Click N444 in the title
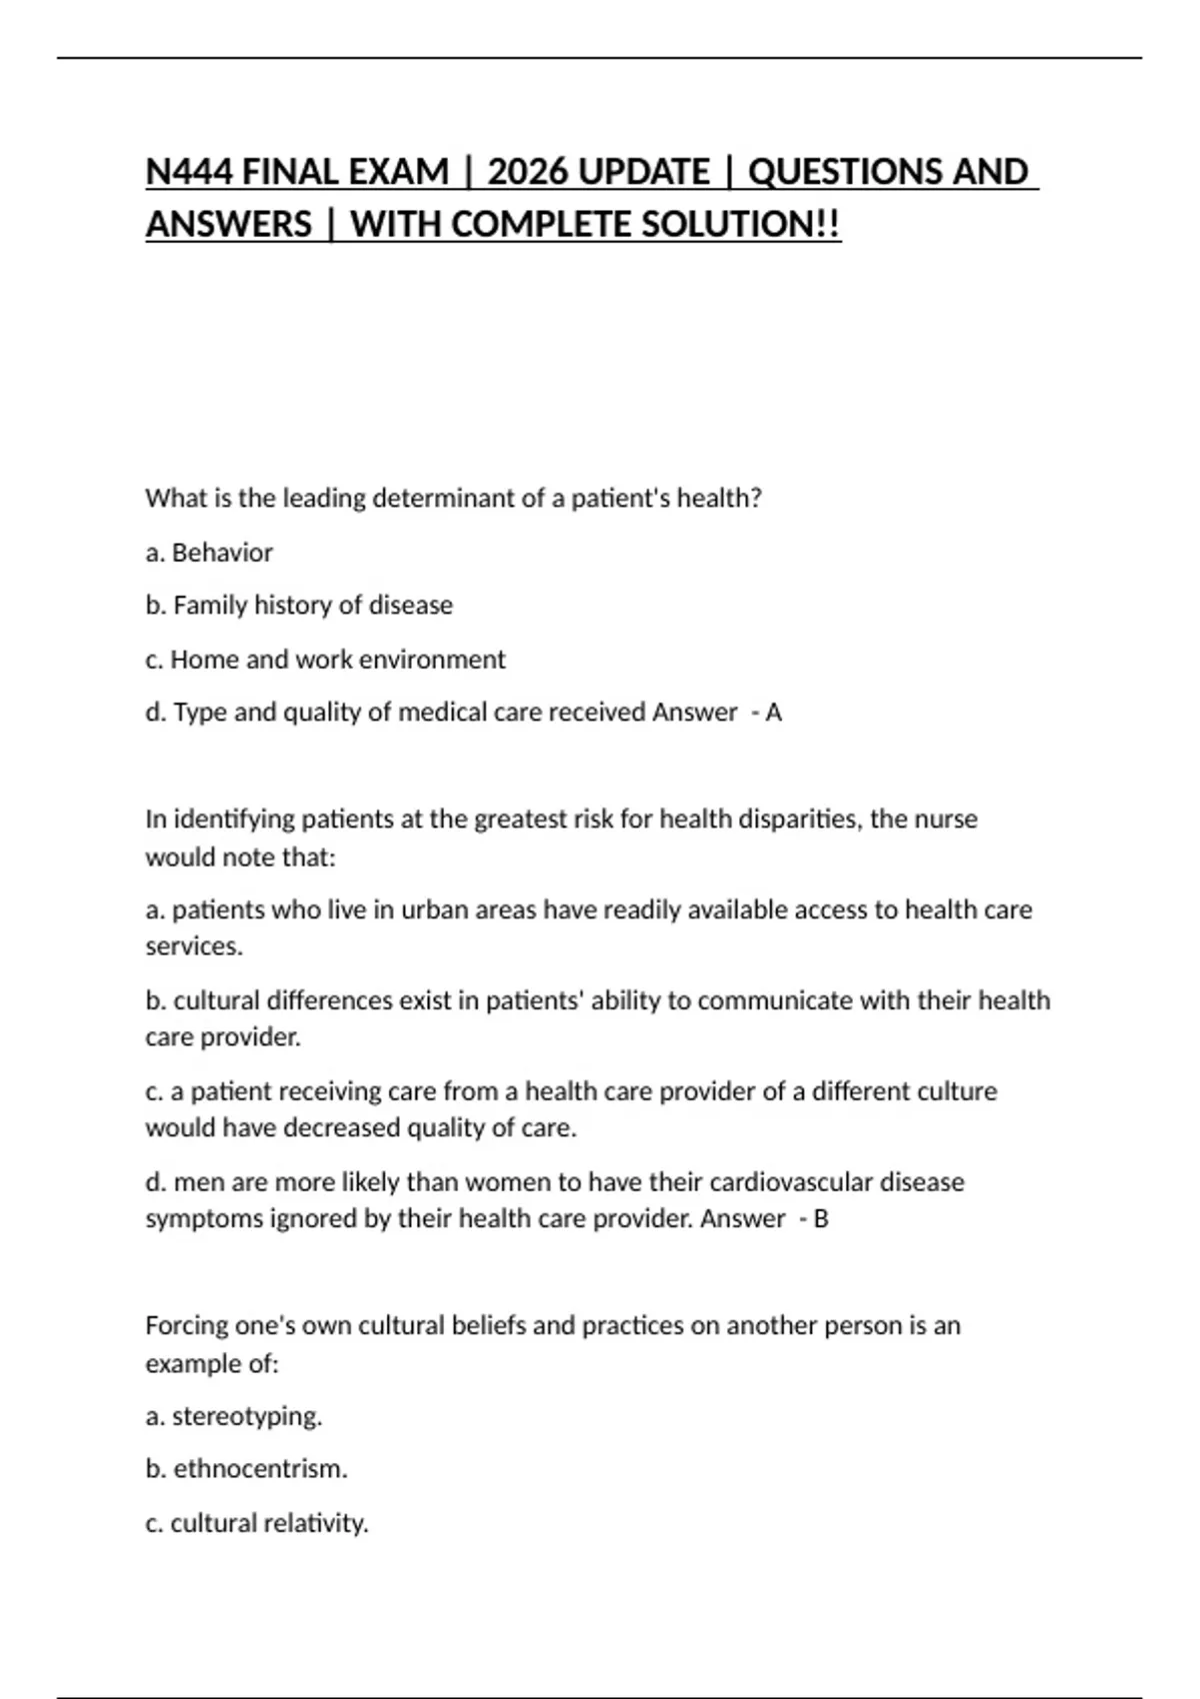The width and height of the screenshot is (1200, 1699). tap(189, 172)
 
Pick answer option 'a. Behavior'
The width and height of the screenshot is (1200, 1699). tap(209, 553)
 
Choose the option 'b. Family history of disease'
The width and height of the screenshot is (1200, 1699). tap(299, 606)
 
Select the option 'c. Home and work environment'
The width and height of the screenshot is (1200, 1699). tap(325, 660)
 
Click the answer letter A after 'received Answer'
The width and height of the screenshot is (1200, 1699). tap(773, 713)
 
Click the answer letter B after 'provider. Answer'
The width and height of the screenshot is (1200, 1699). tap(821, 1219)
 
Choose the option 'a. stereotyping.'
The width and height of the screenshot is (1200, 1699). tap(234, 1417)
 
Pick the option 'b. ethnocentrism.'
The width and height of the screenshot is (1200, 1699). tap(246, 1469)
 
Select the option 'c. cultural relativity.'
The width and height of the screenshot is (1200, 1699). tap(257, 1524)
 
